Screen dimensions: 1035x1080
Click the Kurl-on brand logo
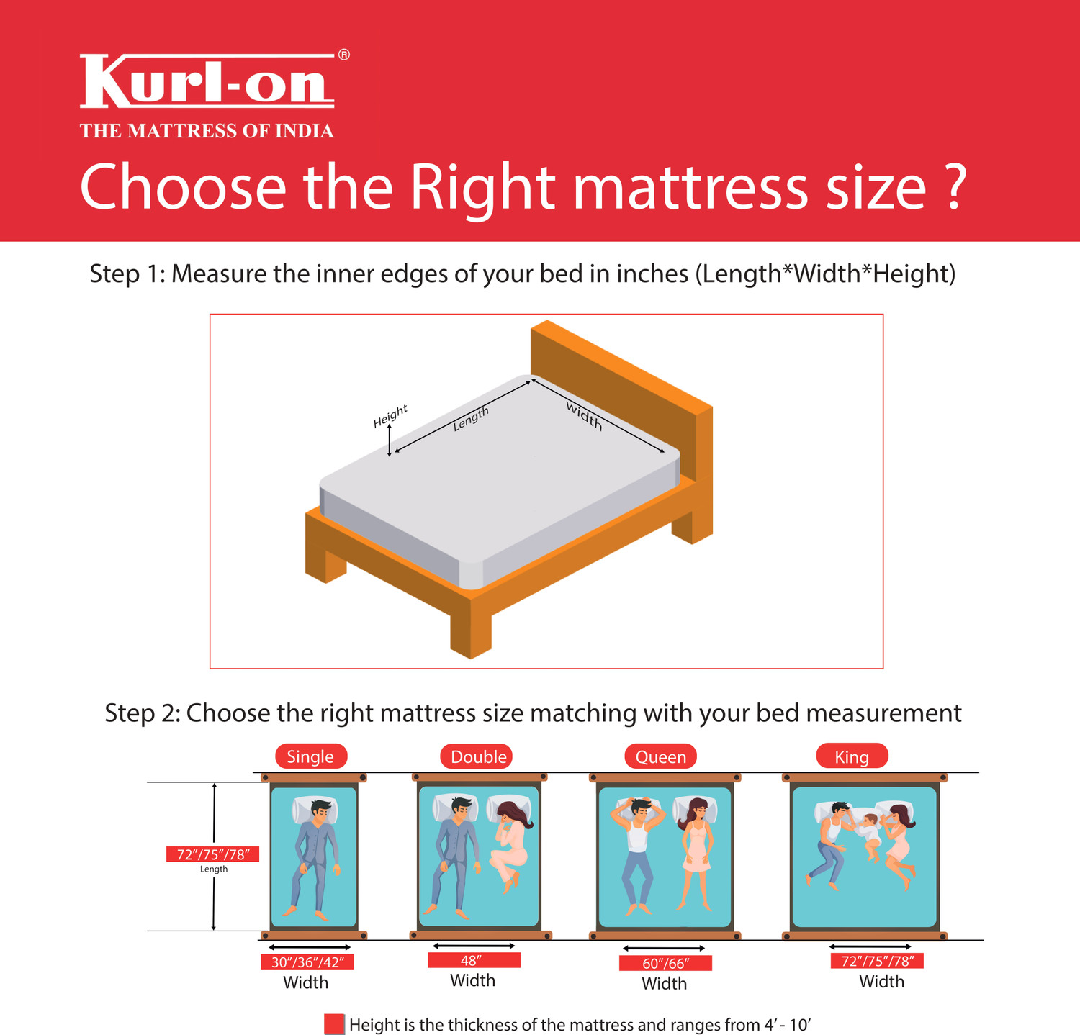[207, 81]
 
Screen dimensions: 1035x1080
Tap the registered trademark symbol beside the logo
[344, 55]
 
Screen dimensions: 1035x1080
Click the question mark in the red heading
[954, 187]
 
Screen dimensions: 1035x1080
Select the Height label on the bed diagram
[390, 416]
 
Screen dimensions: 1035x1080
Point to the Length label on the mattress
[471, 418]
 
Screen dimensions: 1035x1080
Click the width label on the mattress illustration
[584, 416]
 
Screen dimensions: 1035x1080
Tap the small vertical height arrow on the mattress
[390, 440]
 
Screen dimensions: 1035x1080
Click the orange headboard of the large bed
[619, 389]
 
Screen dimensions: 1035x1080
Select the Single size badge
[310, 756]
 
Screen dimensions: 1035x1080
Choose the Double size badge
[478, 756]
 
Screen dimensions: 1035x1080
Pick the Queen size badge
[660, 756]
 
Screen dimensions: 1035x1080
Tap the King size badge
[852, 756]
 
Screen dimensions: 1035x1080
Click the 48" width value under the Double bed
[473, 961]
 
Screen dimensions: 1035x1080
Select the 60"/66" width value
[665, 963]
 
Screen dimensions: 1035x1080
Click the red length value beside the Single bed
[213, 854]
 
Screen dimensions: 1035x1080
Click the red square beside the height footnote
[334, 1024]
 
